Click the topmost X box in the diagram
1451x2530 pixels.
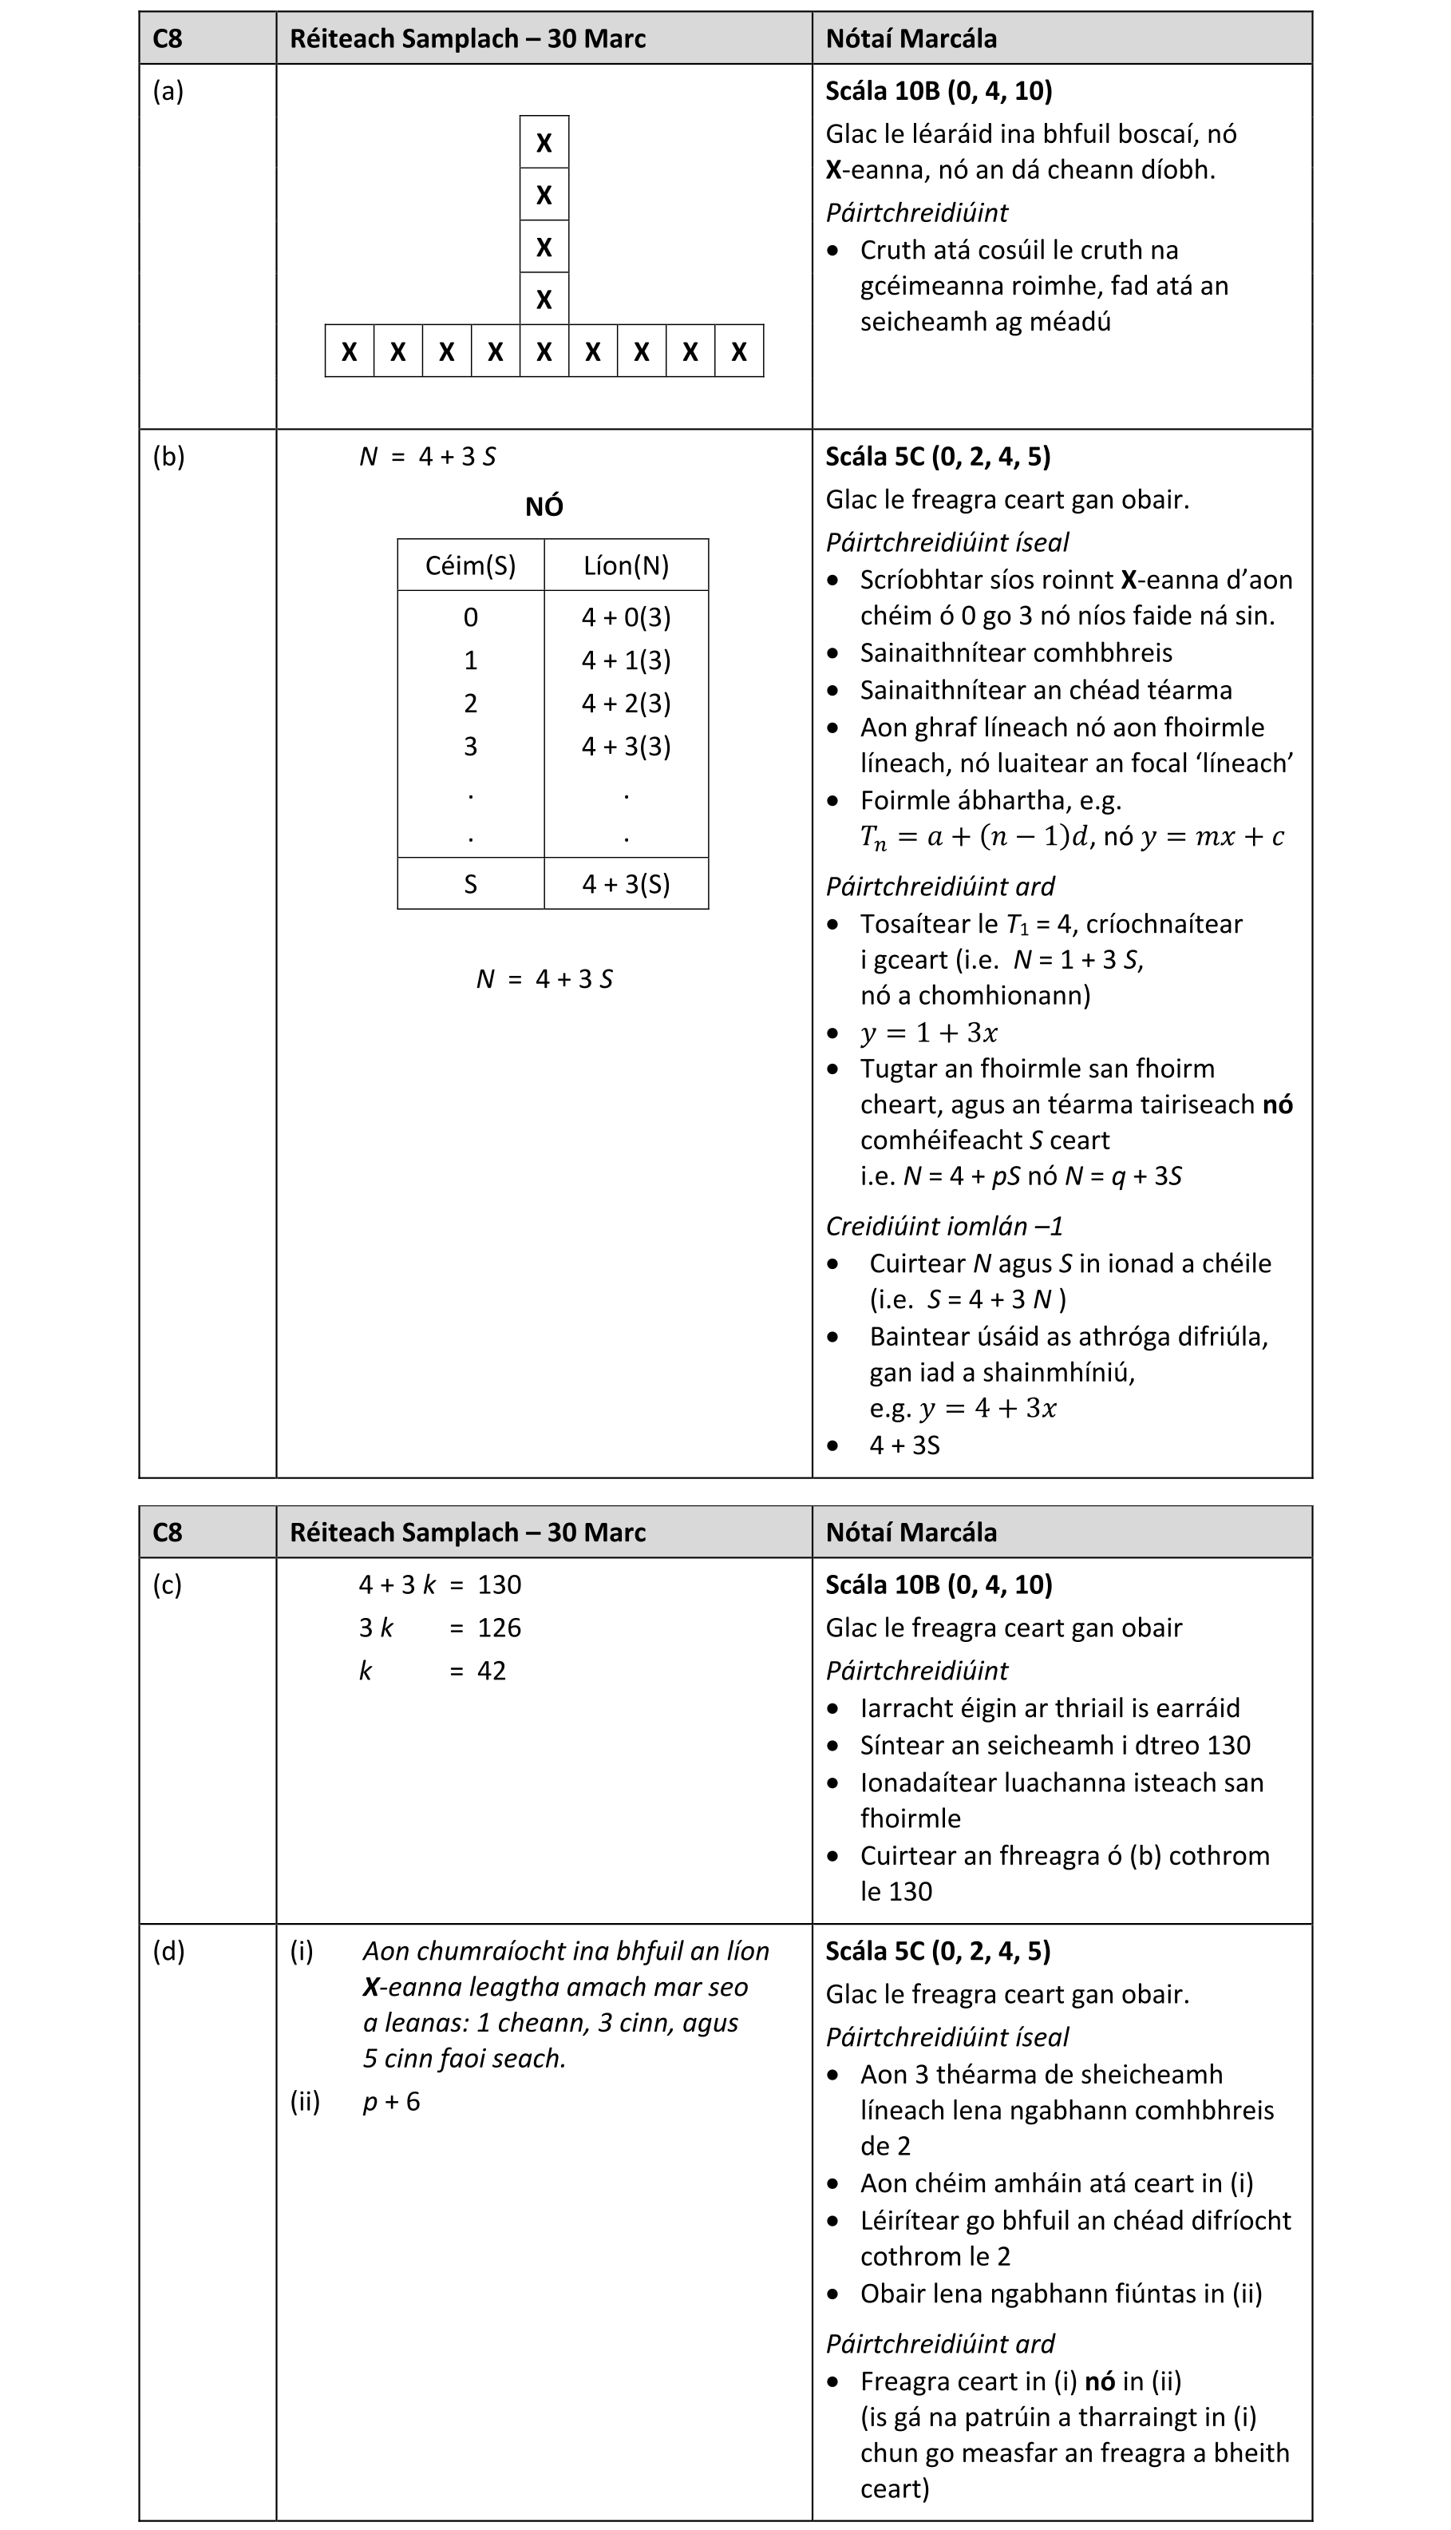[544, 142]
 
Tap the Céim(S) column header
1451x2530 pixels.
[470, 565]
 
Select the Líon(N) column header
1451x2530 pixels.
[626, 565]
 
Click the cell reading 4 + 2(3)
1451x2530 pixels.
[626, 703]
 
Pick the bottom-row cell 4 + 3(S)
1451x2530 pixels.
[626, 883]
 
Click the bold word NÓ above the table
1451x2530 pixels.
[544, 506]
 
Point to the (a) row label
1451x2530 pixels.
[168, 91]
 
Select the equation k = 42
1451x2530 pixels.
[433, 1670]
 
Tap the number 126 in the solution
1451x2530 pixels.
[500, 1627]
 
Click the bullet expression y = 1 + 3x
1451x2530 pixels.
[929, 1032]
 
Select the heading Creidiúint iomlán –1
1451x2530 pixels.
[943, 1225]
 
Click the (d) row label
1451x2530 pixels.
[168, 1951]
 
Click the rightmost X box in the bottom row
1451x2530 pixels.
[738, 351]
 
